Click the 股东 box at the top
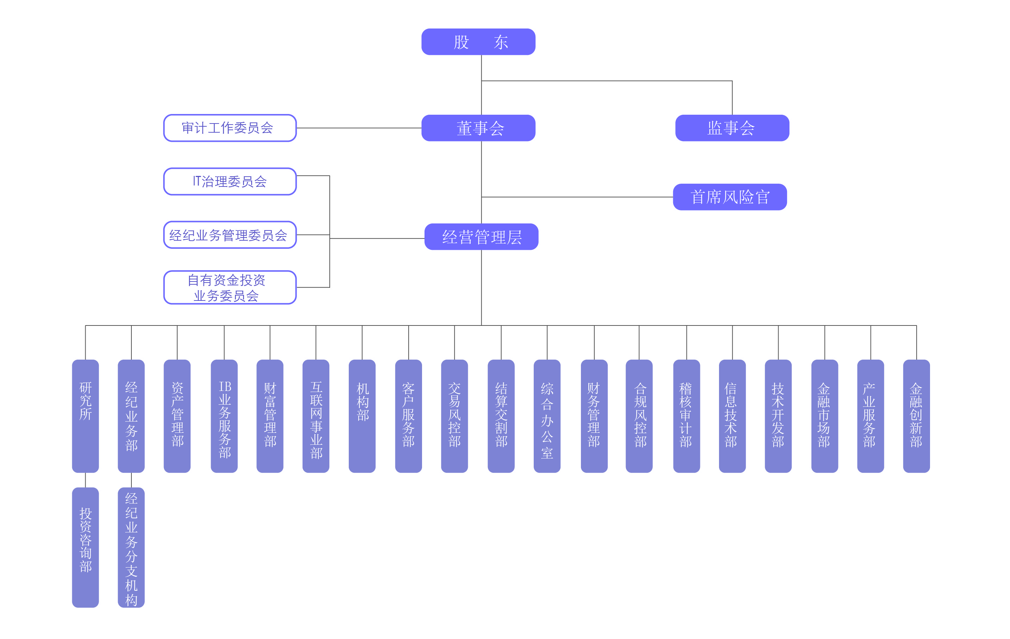[x=478, y=42]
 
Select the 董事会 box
[x=478, y=128]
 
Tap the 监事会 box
[x=732, y=128]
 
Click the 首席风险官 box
[x=730, y=197]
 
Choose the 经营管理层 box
[x=481, y=237]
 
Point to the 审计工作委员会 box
[x=230, y=128]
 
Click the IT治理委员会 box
[x=230, y=182]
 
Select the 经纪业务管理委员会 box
[x=230, y=235]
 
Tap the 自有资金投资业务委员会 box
[x=230, y=287]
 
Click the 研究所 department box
[x=86, y=416]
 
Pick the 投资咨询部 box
[x=86, y=547]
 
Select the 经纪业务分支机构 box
[x=131, y=547]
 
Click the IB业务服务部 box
[x=224, y=416]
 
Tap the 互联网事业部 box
[x=316, y=416]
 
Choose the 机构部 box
[x=362, y=416]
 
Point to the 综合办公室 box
[x=547, y=416]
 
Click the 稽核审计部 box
[x=687, y=416]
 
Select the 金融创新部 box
[x=916, y=416]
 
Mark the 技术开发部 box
[x=779, y=416]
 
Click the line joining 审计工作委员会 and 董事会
[x=359, y=128]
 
